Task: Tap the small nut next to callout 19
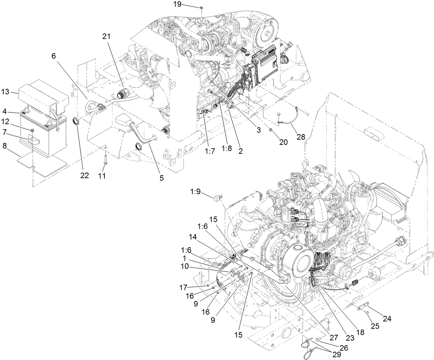pyautogui.click(x=201, y=7)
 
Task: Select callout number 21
pyautogui.click(x=107, y=36)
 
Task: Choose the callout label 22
pyautogui.click(x=85, y=176)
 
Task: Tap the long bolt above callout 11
pyautogui.click(x=105, y=158)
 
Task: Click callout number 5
pyautogui.click(x=161, y=178)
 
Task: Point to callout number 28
pyautogui.click(x=301, y=137)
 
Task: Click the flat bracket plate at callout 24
pyautogui.click(x=362, y=307)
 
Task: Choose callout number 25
pyautogui.click(x=376, y=326)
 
